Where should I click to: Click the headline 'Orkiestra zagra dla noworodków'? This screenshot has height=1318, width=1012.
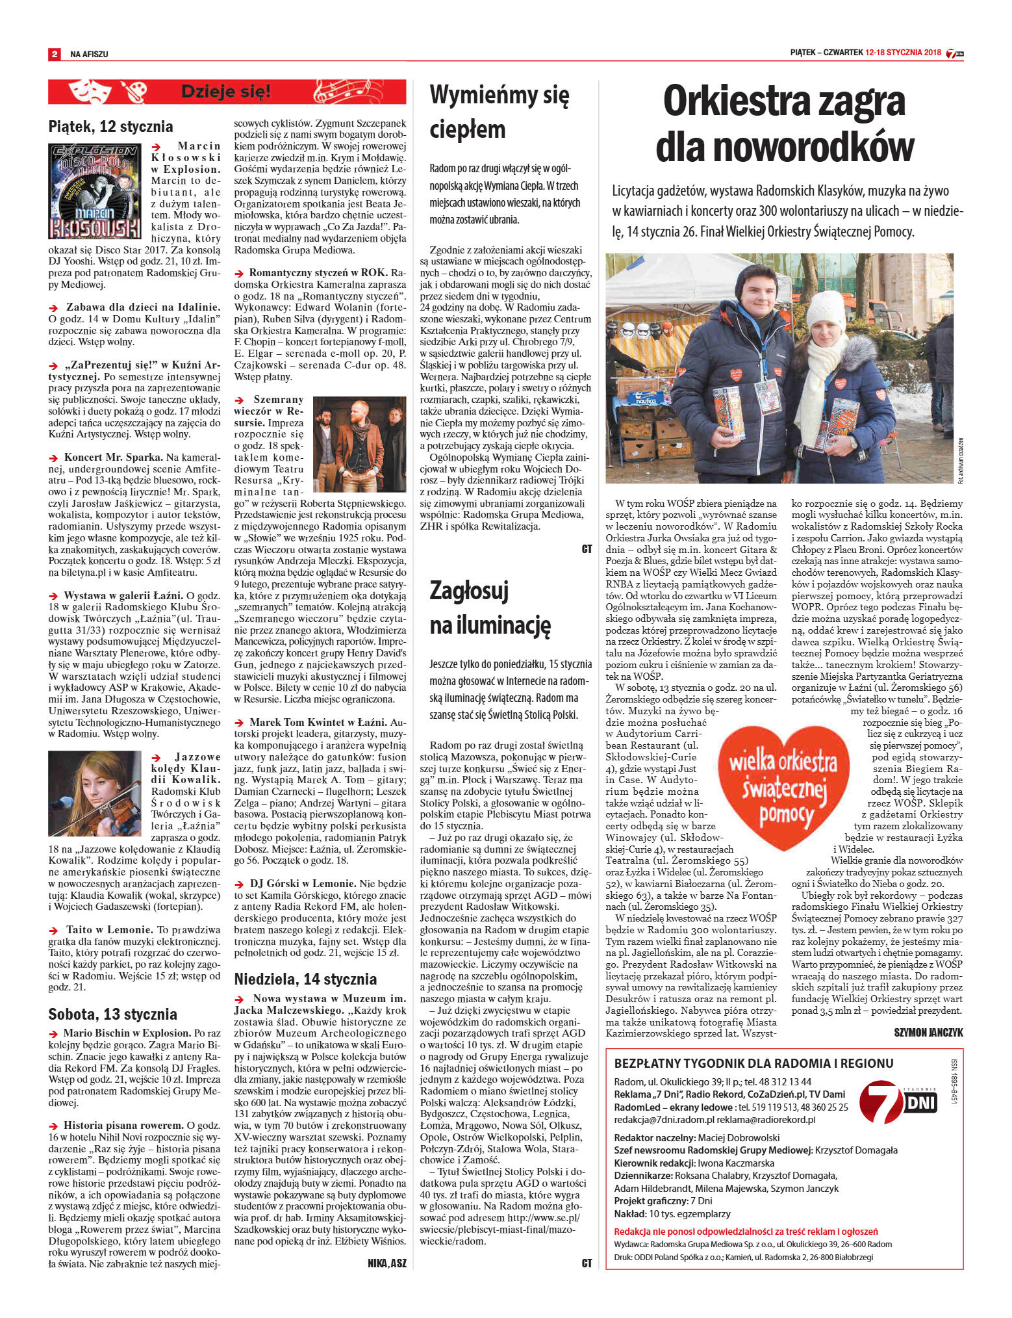(784, 123)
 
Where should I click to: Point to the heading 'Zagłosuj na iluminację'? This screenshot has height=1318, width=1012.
(490, 607)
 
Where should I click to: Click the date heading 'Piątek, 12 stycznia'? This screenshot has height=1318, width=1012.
(110, 126)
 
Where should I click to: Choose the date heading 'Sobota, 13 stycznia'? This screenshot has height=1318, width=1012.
(112, 1014)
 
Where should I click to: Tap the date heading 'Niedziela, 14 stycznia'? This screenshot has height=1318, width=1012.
(305, 979)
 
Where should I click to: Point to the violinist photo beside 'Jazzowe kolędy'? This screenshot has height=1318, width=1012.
(95, 793)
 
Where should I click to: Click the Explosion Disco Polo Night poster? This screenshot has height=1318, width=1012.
(95, 191)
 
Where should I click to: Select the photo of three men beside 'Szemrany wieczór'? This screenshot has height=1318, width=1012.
(359, 443)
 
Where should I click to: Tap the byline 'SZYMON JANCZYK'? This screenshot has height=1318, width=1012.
(928, 1032)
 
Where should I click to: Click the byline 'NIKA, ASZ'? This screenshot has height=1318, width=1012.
(386, 1263)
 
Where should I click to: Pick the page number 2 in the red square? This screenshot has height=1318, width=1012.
(55, 54)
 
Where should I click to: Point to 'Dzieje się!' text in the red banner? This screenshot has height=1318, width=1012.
(226, 92)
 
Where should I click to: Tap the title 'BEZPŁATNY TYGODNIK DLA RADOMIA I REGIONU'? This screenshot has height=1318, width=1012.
(753, 1063)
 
